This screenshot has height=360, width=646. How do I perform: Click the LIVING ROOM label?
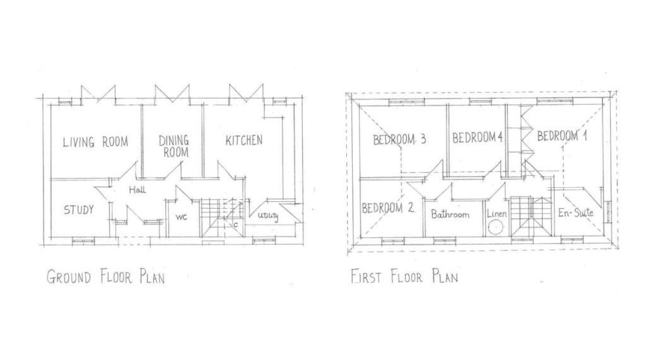pyautogui.click(x=95, y=142)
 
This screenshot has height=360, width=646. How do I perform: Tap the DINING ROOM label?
pyautogui.click(x=174, y=146)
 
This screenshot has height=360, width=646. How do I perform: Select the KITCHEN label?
pyautogui.click(x=244, y=141)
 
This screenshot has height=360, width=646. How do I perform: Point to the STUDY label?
pyautogui.click(x=79, y=210)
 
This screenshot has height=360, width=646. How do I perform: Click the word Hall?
pyautogui.click(x=137, y=190)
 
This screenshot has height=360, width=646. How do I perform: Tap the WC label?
pyautogui.click(x=181, y=217)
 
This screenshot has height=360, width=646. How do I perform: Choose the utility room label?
pyautogui.click(x=268, y=216)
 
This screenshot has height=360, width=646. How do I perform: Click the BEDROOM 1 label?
pyautogui.click(x=562, y=136)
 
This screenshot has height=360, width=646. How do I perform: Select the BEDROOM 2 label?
pyautogui.click(x=388, y=208)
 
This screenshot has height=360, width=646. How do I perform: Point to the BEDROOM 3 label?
pyautogui.click(x=399, y=139)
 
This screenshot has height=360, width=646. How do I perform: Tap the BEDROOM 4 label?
pyautogui.click(x=478, y=137)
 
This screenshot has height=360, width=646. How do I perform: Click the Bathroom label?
pyautogui.click(x=450, y=214)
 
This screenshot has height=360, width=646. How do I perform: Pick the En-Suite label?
pyautogui.click(x=575, y=212)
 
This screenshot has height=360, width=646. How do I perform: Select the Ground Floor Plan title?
pyautogui.click(x=105, y=276)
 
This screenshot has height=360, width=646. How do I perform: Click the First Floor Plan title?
pyautogui.click(x=404, y=276)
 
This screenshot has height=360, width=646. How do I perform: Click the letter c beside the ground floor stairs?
pyautogui.click(x=236, y=225)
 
